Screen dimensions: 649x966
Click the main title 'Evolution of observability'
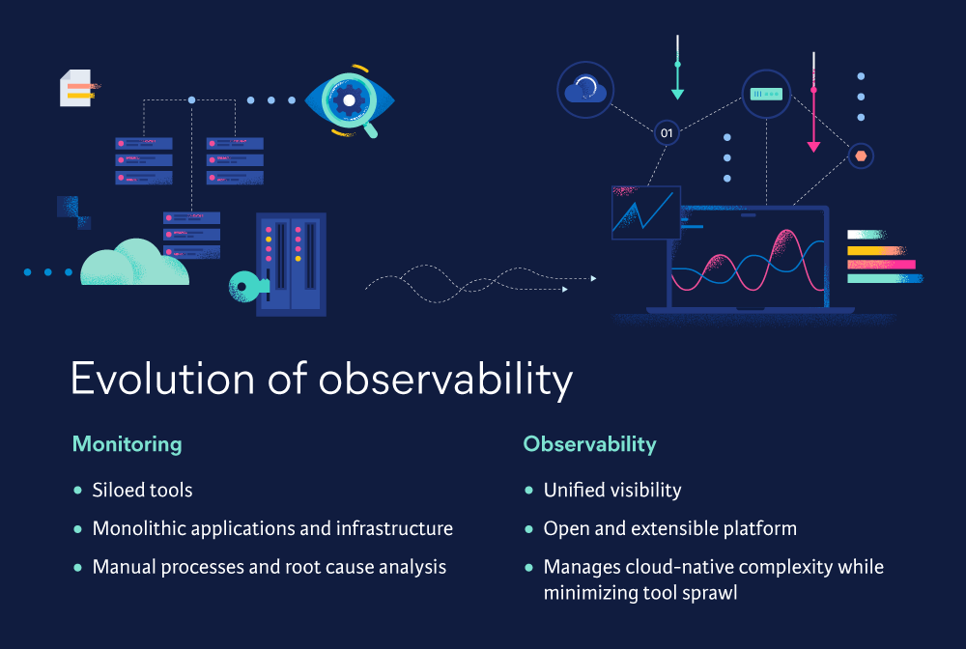[x=321, y=380]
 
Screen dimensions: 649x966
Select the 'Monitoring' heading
[x=127, y=444]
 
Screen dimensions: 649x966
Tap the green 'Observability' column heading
[x=589, y=444]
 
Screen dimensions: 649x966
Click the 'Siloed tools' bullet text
[x=142, y=491]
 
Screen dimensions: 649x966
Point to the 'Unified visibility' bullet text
[x=611, y=491]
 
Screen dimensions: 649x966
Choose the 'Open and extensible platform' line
[x=669, y=528]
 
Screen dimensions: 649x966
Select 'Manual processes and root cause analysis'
[x=269, y=567]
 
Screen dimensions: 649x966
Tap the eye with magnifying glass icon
[x=349, y=99]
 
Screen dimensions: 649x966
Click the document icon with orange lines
[x=76, y=88]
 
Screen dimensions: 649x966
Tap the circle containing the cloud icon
[x=585, y=90]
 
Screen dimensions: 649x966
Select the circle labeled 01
[x=667, y=131]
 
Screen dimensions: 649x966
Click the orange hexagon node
[x=861, y=155]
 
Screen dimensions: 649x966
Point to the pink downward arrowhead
[x=813, y=147]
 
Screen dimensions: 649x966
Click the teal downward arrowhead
[x=677, y=94]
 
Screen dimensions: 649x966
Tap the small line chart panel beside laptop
[x=645, y=212]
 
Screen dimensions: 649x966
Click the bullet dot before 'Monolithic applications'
[x=77, y=529]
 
